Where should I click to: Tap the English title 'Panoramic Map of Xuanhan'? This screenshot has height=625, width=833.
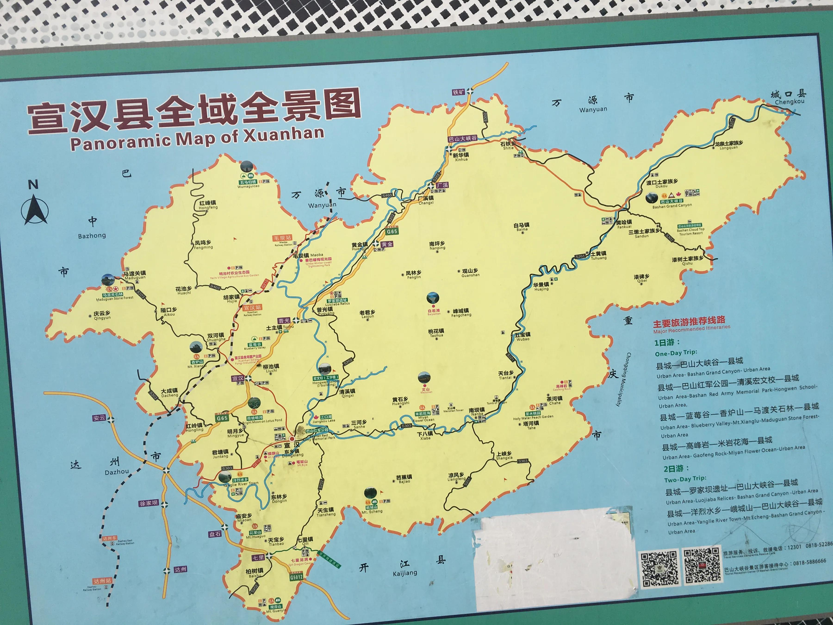coord(197,138)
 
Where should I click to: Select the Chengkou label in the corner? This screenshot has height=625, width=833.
coord(789,97)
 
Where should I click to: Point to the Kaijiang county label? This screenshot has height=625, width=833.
coord(405,573)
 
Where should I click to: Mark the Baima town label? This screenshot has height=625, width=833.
coord(522,229)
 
